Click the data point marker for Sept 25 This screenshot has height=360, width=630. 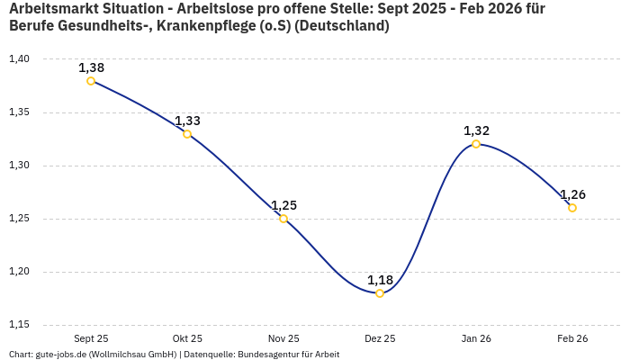tap(91, 81)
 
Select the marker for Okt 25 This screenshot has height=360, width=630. tap(187, 134)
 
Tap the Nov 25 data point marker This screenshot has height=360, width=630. tap(283, 219)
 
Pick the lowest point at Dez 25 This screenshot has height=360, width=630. tap(380, 293)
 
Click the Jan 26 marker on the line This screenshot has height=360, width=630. tap(476, 144)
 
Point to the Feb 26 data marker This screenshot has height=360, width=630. tap(572, 208)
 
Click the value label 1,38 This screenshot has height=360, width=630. tap(91, 67)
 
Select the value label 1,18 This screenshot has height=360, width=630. tap(380, 280)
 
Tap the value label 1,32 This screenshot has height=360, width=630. tap(476, 130)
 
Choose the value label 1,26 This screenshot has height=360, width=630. tap(572, 194)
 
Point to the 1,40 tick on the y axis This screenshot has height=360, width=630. tap(19, 59)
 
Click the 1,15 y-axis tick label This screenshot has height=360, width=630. tap(19, 325)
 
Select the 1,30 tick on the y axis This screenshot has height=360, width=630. tap(19, 166)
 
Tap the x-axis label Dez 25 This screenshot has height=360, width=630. tap(380, 338)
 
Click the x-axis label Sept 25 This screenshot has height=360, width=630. tap(91, 338)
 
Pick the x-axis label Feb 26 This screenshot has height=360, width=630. tap(572, 338)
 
